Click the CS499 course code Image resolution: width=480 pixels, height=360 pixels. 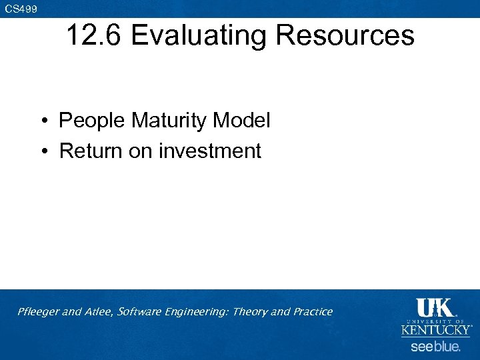pyautogui.click(x=21, y=9)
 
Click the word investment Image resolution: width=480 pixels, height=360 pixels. pyautogui.click(x=209, y=151)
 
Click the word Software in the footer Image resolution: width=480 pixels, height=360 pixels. pyautogui.click(x=139, y=311)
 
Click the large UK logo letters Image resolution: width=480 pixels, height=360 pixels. pyautogui.click(x=435, y=308)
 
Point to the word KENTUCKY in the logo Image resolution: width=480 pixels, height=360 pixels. pyautogui.click(x=435, y=330)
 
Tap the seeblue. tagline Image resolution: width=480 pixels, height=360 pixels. pyautogui.click(x=435, y=347)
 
